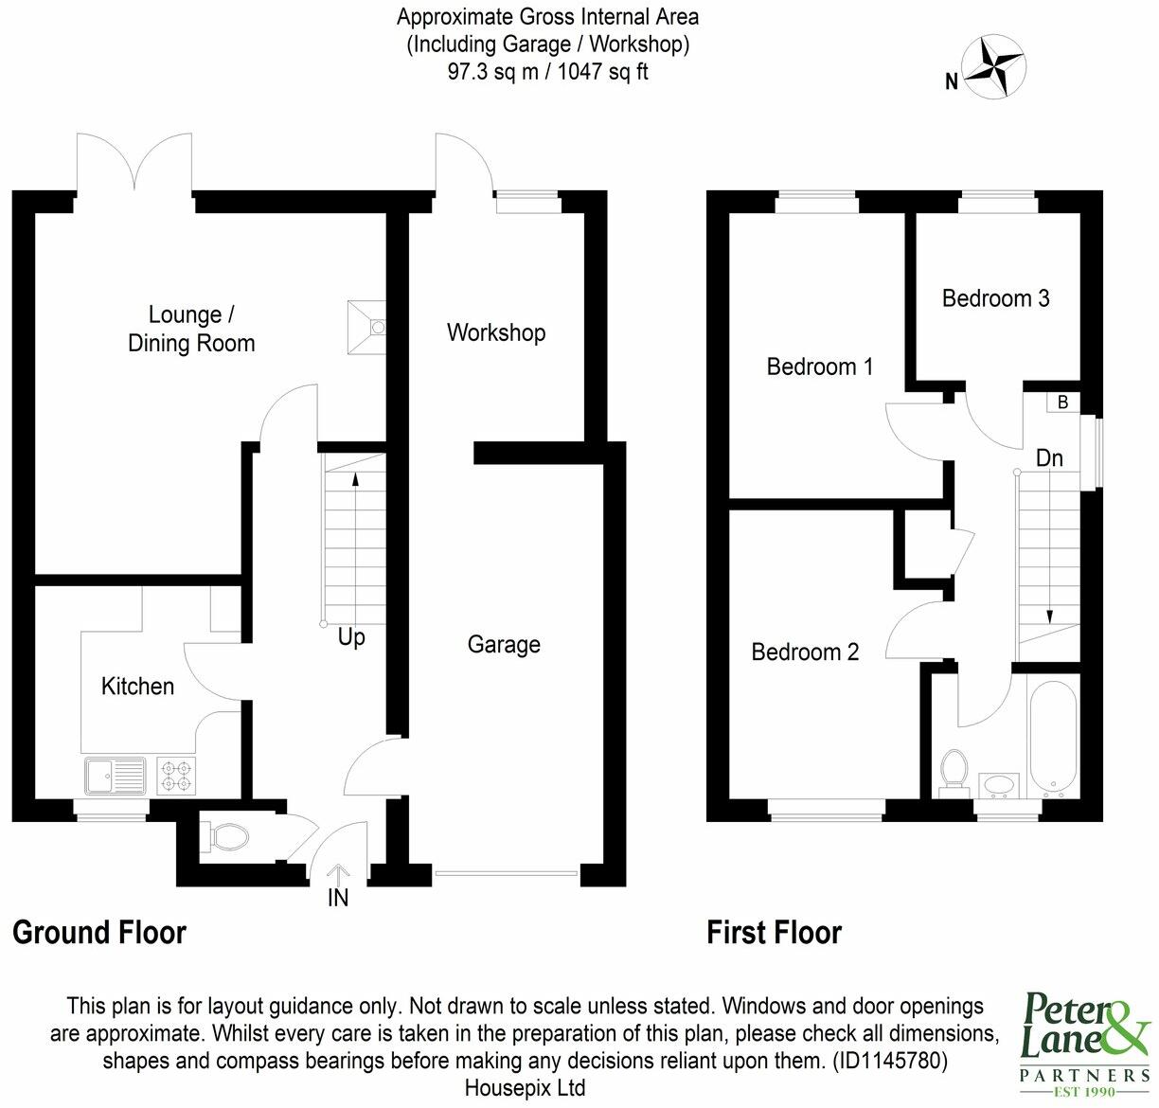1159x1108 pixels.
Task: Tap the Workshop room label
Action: pos(495,333)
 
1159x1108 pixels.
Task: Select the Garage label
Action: pos(504,645)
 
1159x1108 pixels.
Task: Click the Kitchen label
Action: pos(137,687)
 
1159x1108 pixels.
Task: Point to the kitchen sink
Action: pos(114,776)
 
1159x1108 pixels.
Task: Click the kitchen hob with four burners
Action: pos(175,776)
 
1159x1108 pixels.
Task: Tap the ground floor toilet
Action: pos(225,836)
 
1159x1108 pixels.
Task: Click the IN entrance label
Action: pos(337,898)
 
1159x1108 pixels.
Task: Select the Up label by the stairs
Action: pos(351,638)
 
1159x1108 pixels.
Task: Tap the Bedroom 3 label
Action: pos(995,299)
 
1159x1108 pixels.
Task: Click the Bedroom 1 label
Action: pos(819,366)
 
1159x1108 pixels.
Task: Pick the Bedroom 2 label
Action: pos(805,652)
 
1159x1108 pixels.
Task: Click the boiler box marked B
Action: pos(1062,402)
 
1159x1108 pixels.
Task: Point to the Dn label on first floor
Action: pos(1049,459)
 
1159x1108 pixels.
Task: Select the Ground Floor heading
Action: pos(99,933)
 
